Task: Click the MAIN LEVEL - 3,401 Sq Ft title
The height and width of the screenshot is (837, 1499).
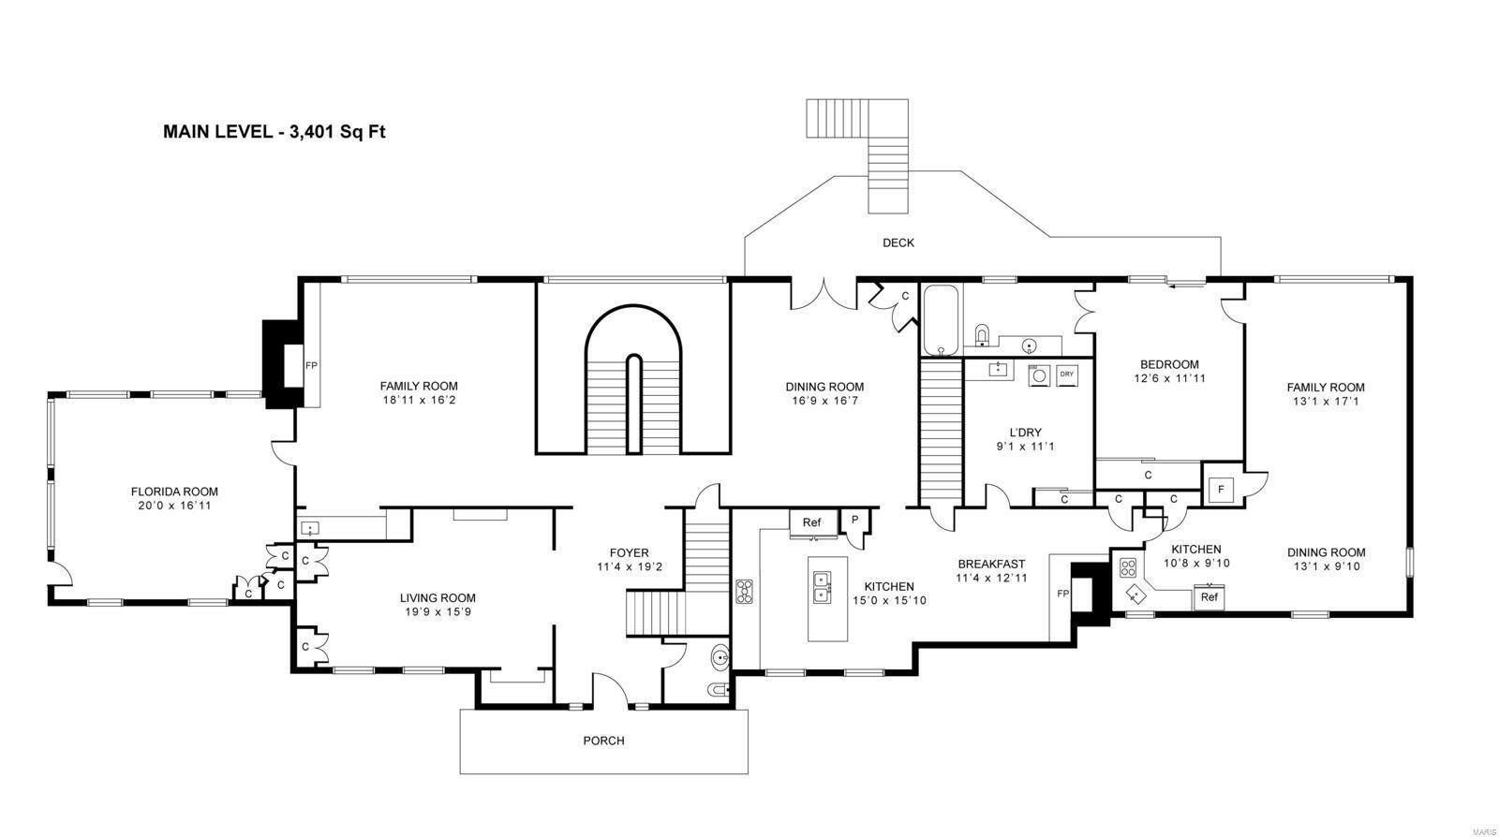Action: pos(275,132)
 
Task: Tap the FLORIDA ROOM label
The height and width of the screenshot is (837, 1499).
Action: pos(174,492)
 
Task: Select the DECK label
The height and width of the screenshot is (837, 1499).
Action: pos(898,243)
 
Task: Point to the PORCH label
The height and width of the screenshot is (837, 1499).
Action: pos(603,741)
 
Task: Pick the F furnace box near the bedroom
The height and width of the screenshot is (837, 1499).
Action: pos(1221,489)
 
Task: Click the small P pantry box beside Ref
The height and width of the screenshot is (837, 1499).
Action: pos(854,521)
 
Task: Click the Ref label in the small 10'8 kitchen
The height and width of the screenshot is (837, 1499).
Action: pos(1209,596)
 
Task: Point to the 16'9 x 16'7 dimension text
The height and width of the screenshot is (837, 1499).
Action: pos(824,401)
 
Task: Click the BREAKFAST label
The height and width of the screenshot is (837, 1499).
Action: pos(991,565)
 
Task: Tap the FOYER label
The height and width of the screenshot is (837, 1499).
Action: pos(629,553)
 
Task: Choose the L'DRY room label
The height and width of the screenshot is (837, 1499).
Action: pos(1025,433)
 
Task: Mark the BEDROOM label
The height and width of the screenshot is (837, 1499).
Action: pos(1169,365)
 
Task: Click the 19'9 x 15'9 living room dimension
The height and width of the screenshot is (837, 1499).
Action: pos(438,612)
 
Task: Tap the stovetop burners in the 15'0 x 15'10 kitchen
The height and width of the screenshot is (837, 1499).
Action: pos(745,591)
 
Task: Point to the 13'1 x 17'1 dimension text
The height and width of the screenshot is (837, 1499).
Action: pos(1325,401)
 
